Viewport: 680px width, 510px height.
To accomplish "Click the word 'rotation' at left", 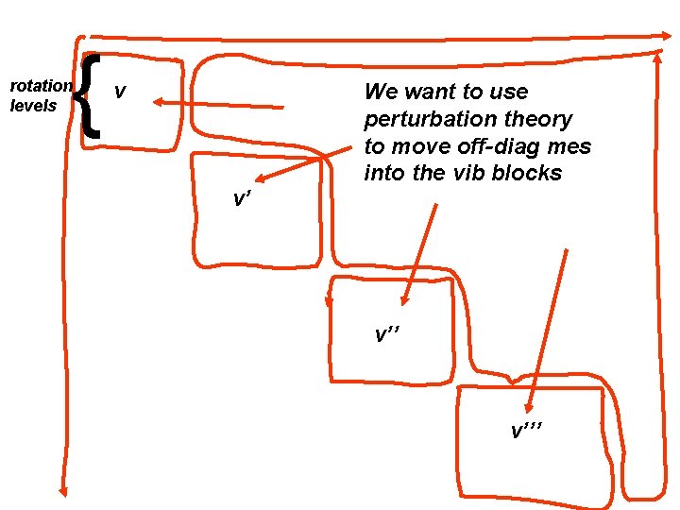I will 41,86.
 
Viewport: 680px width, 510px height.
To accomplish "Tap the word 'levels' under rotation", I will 34,106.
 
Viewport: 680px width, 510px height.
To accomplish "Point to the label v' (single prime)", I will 243,198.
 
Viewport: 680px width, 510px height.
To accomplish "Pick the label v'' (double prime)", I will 385,334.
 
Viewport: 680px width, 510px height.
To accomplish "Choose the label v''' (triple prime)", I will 527,432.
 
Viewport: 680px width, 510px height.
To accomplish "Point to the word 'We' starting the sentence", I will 382,92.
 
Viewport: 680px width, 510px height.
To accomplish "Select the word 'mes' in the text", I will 569,146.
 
